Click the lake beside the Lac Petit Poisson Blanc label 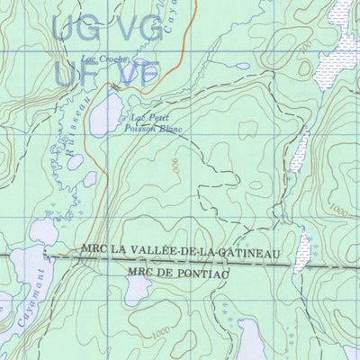click(x=105, y=115)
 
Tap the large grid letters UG click(x=71, y=29)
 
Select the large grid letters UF click(x=71, y=72)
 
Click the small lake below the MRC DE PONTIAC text click(x=138, y=289)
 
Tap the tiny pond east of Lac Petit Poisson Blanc click(x=243, y=66)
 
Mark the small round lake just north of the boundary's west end click(x=43, y=231)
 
